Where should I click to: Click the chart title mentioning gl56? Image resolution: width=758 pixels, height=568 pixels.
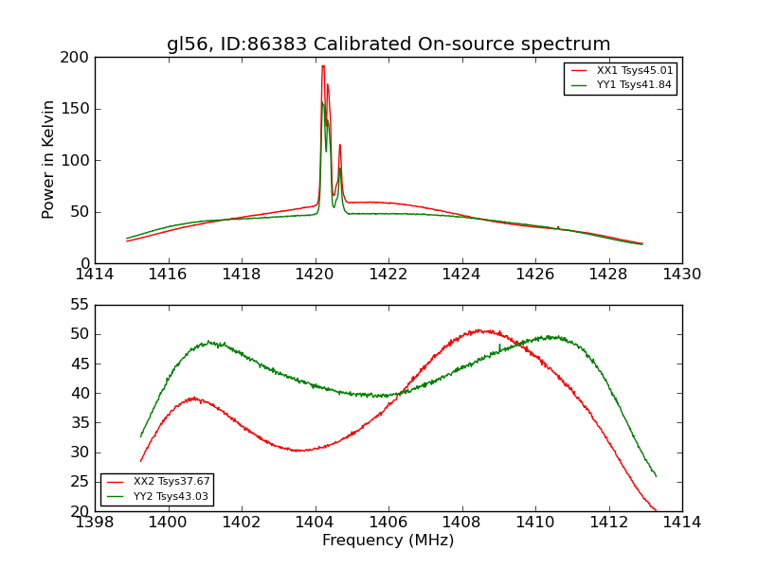click(388, 44)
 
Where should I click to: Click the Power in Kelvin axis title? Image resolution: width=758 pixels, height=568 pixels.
click(49, 160)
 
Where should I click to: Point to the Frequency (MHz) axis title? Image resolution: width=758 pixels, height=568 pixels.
click(388, 541)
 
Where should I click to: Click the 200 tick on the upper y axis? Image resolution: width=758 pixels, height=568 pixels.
click(78, 58)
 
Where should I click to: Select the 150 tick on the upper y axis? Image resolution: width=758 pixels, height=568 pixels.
click(78, 109)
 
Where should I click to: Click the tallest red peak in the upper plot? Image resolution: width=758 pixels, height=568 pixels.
click(323, 66)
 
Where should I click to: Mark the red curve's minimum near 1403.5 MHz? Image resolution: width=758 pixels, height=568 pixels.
click(299, 451)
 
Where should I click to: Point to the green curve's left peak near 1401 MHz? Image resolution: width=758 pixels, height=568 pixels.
click(209, 343)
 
